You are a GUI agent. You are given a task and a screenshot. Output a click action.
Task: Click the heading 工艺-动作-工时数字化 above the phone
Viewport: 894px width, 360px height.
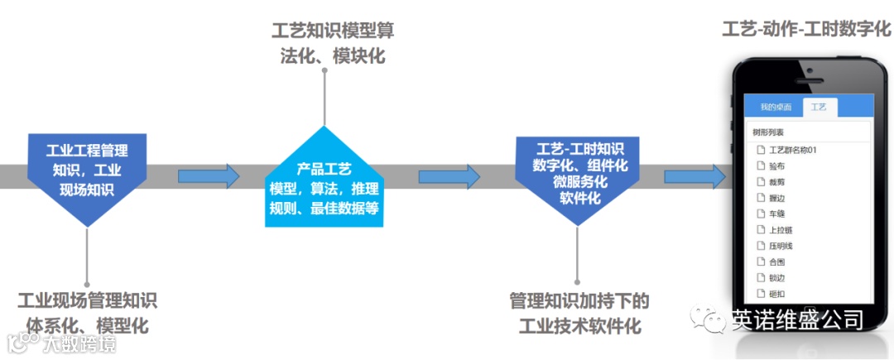coord(805,29)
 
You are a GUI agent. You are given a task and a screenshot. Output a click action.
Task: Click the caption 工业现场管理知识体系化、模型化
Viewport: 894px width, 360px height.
coord(87,311)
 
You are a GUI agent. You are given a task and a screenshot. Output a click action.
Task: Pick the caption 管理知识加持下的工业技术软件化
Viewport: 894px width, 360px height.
coord(579,311)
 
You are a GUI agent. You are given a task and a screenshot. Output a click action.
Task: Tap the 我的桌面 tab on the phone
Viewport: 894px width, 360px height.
coord(776,107)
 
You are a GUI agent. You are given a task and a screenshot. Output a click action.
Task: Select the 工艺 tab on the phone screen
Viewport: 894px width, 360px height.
coord(819,107)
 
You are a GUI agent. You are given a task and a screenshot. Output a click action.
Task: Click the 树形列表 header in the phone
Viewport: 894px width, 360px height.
coord(767,132)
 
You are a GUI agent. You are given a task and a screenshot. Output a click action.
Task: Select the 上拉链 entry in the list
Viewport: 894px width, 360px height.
coord(780,229)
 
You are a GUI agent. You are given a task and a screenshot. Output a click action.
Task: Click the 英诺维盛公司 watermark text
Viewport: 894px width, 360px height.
coord(796,319)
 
